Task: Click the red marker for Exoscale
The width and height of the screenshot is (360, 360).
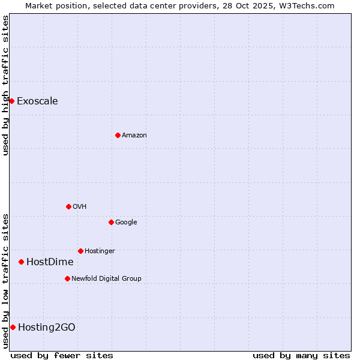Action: (11, 101)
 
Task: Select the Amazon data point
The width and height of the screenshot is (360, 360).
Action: (118, 135)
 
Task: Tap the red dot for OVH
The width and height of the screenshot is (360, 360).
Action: (68, 206)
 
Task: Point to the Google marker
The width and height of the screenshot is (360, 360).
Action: (111, 222)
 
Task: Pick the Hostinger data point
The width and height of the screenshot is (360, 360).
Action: (80, 251)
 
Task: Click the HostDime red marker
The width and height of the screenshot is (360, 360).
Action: (21, 262)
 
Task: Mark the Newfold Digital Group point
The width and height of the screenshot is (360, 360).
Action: (67, 278)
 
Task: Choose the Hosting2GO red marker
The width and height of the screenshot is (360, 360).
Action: (13, 327)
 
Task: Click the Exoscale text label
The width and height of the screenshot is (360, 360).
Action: (37, 101)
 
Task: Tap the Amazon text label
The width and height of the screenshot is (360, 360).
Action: (134, 135)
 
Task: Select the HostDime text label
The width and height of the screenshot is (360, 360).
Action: (50, 262)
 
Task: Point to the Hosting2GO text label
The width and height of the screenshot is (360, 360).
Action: (47, 327)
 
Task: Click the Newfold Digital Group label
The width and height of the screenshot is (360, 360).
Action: (106, 278)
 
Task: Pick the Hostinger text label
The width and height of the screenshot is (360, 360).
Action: (100, 251)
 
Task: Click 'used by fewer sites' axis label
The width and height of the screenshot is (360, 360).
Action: (62, 355)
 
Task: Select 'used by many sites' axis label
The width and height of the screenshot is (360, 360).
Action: (301, 355)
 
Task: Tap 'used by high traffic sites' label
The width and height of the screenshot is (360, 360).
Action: (5, 85)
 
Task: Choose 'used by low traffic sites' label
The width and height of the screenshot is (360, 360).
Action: (5, 281)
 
